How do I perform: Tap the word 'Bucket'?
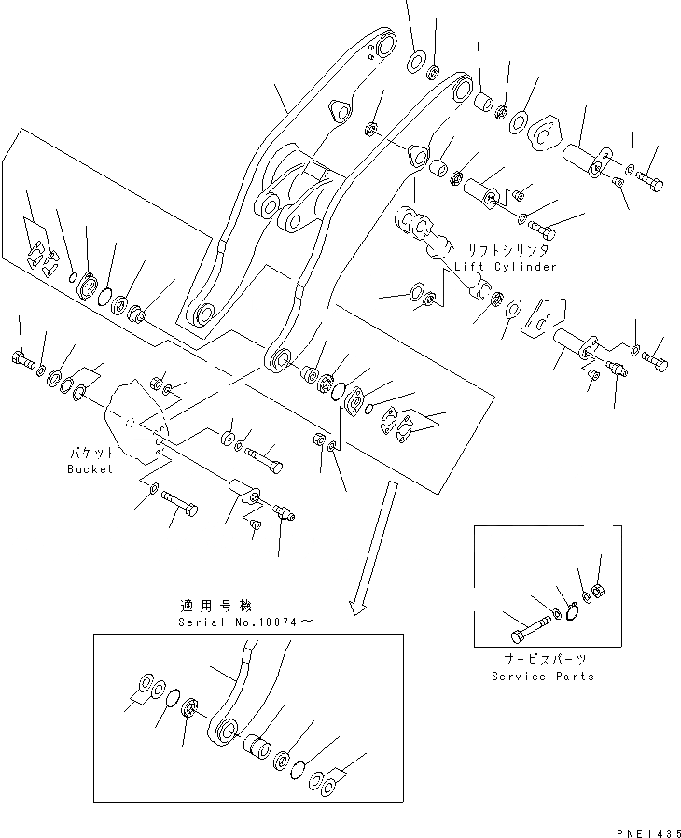(90, 468)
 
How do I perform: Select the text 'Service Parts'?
(543, 677)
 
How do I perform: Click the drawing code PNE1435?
(645, 827)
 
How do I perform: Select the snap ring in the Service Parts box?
(571, 609)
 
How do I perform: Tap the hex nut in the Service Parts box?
(599, 590)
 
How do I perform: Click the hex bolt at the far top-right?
(650, 182)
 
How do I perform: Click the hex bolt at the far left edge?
(22, 358)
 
